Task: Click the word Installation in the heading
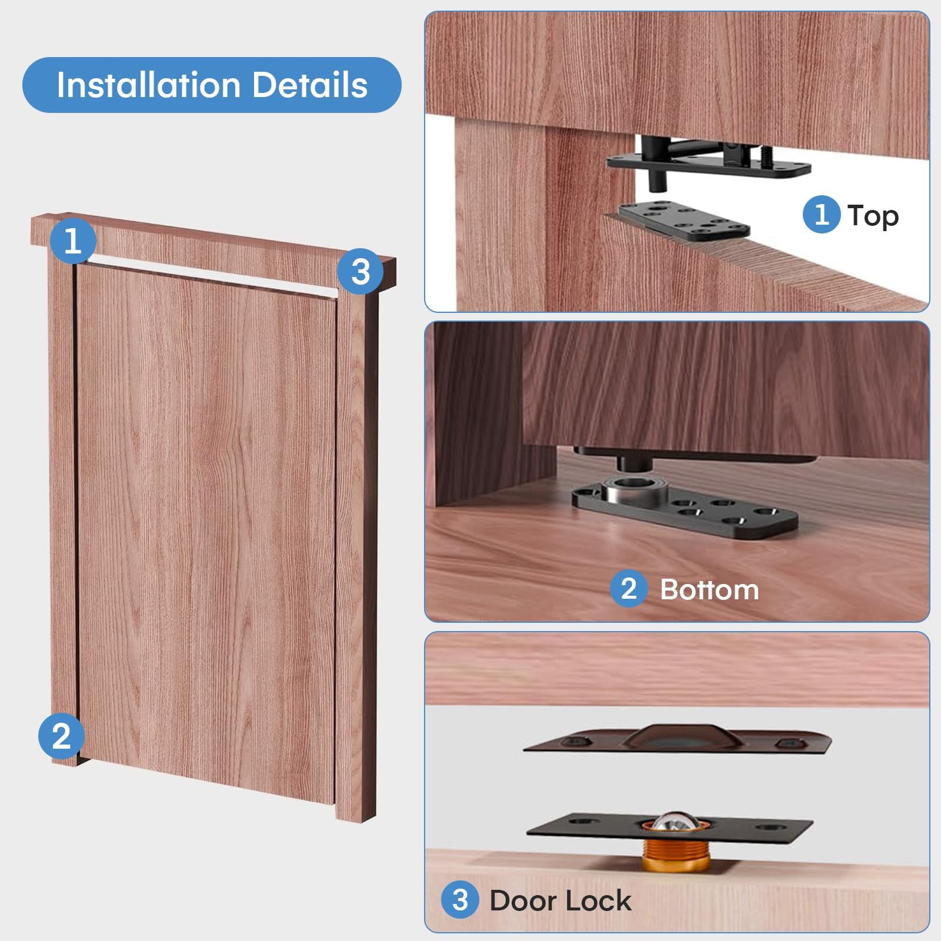pos(148,85)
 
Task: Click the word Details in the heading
pos(310,85)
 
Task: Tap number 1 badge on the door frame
pos(72,241)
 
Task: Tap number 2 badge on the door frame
pos(61,736)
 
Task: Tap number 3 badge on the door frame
pos(361,271)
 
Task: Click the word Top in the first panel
pos(873,216)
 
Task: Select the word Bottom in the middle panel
pos(709,590)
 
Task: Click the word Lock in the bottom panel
pos(601,900)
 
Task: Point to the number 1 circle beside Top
pos(822,215)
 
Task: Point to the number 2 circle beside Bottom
pos(629,589)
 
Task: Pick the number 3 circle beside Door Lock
pos(461,900)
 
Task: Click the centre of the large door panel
pos(206,523)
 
